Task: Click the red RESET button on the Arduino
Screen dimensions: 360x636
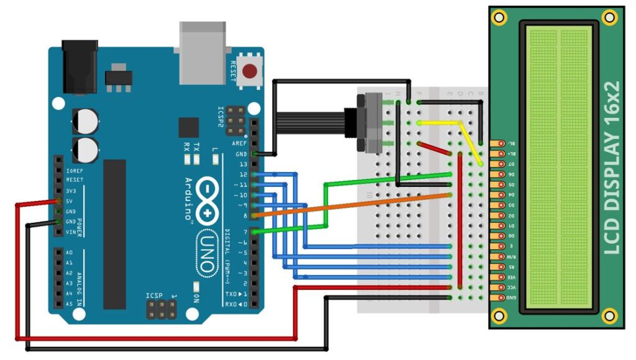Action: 251,71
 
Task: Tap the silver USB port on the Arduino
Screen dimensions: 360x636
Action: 203,53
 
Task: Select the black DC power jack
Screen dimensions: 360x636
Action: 79,65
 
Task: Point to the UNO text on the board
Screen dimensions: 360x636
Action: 208,252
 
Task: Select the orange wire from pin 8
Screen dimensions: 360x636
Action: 354,205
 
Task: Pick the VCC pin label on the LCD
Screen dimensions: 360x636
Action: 511,287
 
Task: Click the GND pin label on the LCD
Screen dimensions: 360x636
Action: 511,297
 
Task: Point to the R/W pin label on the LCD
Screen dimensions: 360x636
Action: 511,256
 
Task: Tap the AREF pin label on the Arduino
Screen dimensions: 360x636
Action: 242,142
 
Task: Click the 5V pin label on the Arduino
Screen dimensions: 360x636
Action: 71,201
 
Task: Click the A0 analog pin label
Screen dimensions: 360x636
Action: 69,253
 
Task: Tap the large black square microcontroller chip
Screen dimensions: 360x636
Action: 188,127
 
